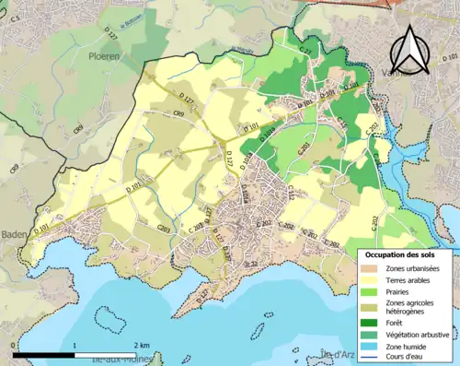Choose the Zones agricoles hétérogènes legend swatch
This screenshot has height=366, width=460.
tap(373, 305)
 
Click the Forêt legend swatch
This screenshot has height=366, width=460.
tap(373, 322)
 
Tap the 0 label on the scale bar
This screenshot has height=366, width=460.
tap(13, 344)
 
